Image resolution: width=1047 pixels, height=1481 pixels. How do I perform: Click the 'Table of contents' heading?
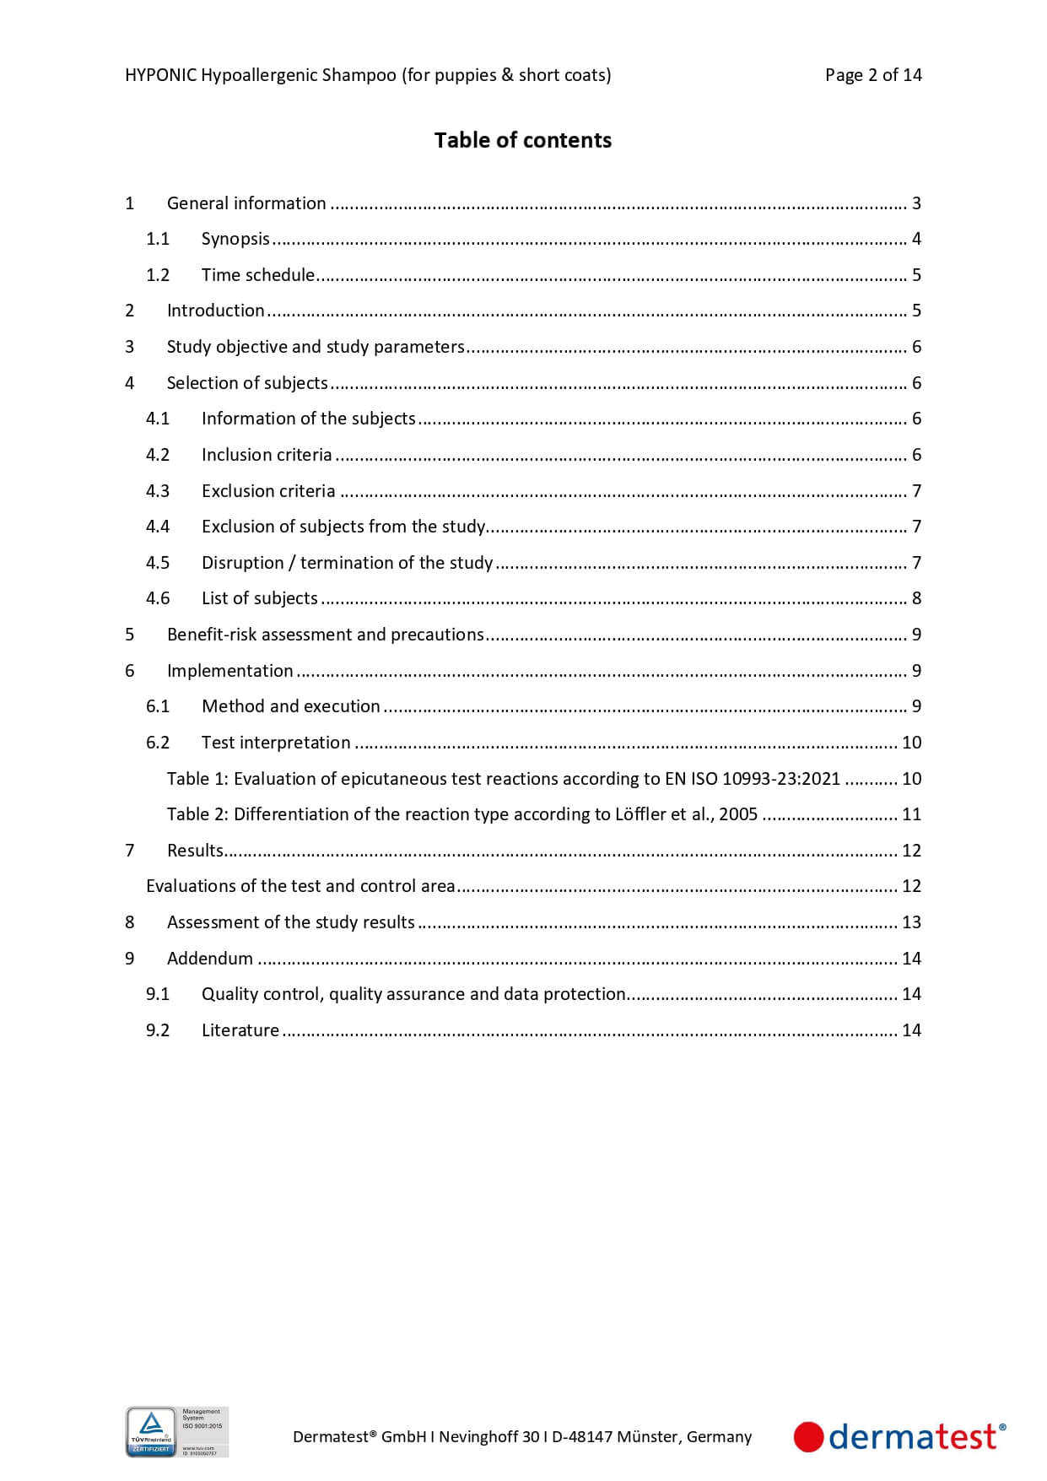tap(522, 140)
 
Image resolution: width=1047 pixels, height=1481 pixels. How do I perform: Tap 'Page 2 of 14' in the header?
tap(872, 75)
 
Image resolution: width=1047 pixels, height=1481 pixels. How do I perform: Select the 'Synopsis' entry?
tap(235, 239)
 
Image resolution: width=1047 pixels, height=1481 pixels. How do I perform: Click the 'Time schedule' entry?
tap(257, 275)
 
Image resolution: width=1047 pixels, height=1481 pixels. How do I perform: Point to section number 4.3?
tap(158, 491)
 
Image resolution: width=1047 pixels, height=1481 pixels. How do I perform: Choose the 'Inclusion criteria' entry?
tap(267, 455)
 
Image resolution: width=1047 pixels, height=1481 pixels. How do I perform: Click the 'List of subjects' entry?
tap(259, 598)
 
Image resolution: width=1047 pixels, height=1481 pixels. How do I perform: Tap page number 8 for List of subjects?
tap(916, 598)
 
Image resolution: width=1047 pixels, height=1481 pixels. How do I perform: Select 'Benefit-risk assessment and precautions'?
tap(325, 635)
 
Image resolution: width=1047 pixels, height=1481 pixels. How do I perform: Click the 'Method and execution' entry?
tap(290, 706)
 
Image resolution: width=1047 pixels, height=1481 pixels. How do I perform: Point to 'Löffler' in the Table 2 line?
tap(643, 814)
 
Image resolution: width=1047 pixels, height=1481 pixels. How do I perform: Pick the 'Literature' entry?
tap(240, 1030)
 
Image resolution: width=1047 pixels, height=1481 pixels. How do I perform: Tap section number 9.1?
tap(158, 994)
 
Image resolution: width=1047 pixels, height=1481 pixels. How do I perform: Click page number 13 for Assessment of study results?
tap(911, 922)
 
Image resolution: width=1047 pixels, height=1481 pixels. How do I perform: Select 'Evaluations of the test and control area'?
tap(300, 886)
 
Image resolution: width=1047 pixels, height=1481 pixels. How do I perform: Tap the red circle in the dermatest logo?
tap(808, 1436)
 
